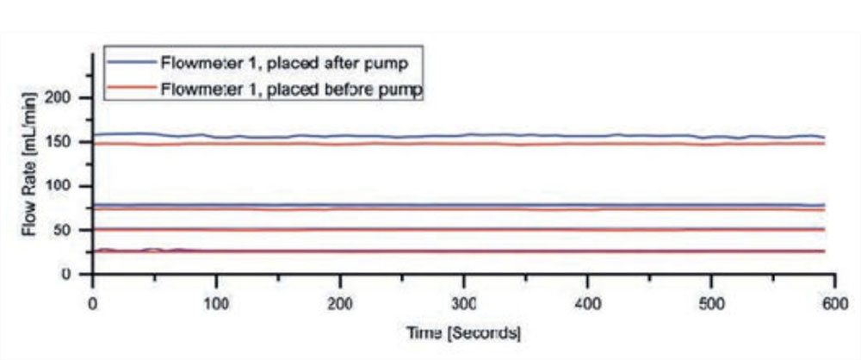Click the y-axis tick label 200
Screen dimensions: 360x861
tap(66, 97)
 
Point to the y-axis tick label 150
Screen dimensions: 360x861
tap(66, 141)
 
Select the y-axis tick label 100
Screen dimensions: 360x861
tap(66, 186)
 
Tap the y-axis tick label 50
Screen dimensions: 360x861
tap(70, 230)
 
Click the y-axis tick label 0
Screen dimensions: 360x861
tap(75, 274)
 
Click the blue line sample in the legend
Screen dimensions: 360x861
tap(130, 62)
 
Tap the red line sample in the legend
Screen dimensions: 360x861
tap(130, 89)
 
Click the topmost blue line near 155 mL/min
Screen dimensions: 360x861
tap(430, 135)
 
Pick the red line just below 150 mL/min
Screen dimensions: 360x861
tap(430, 144)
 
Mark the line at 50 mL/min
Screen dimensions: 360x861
tap(430, 230)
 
